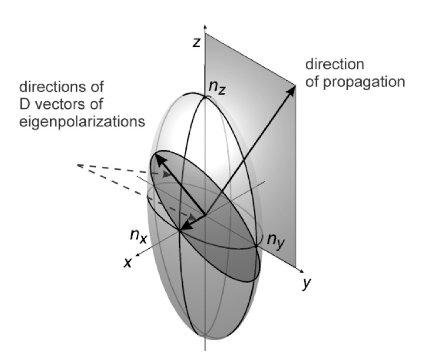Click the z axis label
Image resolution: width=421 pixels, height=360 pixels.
click(x=197, y=42)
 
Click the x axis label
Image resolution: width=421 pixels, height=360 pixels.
click(x=128, y=262)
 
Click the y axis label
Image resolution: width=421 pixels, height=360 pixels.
click(x=306, y=283)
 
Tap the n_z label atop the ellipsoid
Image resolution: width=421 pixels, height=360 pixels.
click(x=217, y=88)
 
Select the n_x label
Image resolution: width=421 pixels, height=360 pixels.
click(x=139, y=236)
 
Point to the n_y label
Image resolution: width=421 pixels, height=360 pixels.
click(x=276, y=241)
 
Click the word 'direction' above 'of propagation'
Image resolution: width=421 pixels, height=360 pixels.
click(x=335, y=64)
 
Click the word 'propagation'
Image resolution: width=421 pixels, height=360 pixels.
click(x=364, y=83)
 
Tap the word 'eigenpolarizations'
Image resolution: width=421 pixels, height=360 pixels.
click(x=82, y=122)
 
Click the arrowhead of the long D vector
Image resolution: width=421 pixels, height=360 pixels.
click(x=160, y=160)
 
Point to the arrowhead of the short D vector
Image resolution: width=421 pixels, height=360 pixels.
click(x=184, y=227)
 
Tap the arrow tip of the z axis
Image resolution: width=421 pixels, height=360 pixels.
click(x=205, y=26)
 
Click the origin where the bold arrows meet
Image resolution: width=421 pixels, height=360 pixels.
click(x=205, y=215)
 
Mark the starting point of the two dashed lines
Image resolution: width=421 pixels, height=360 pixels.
click(x=78, y=165)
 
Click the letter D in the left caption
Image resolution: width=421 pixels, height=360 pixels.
click(x=25, y=104)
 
